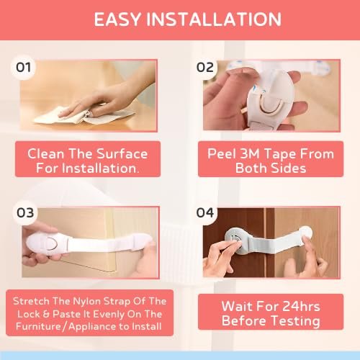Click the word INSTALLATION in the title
click(x=210, y=19)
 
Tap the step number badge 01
click(x=23, y=68)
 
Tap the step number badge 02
click(x=205, y=68)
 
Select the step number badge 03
click(x=23, y=214)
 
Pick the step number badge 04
click(x=205, y=214)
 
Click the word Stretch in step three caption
click(x=37, y=300)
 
